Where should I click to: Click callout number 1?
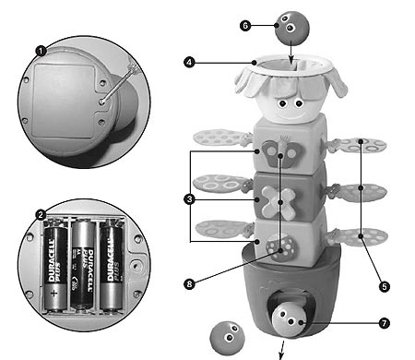tap(41, 51)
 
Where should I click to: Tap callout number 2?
tap(41, 215)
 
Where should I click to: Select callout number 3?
tap(190, 199)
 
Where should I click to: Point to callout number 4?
tap(189, 63)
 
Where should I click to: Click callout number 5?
tap(385, 287)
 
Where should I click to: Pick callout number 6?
tap(245, 26)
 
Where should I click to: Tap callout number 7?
tap(384, 323)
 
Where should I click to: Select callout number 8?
tap(189, 283)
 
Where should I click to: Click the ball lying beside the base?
tap(227, 339)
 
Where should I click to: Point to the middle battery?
tap(83, 264)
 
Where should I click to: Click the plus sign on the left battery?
tap(54, 293)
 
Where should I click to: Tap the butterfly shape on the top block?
tap(281, 153)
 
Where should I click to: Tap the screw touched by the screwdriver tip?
tap(101, 102)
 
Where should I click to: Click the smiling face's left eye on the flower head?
tap(282, 104)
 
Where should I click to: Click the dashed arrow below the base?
tap(281, 350)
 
